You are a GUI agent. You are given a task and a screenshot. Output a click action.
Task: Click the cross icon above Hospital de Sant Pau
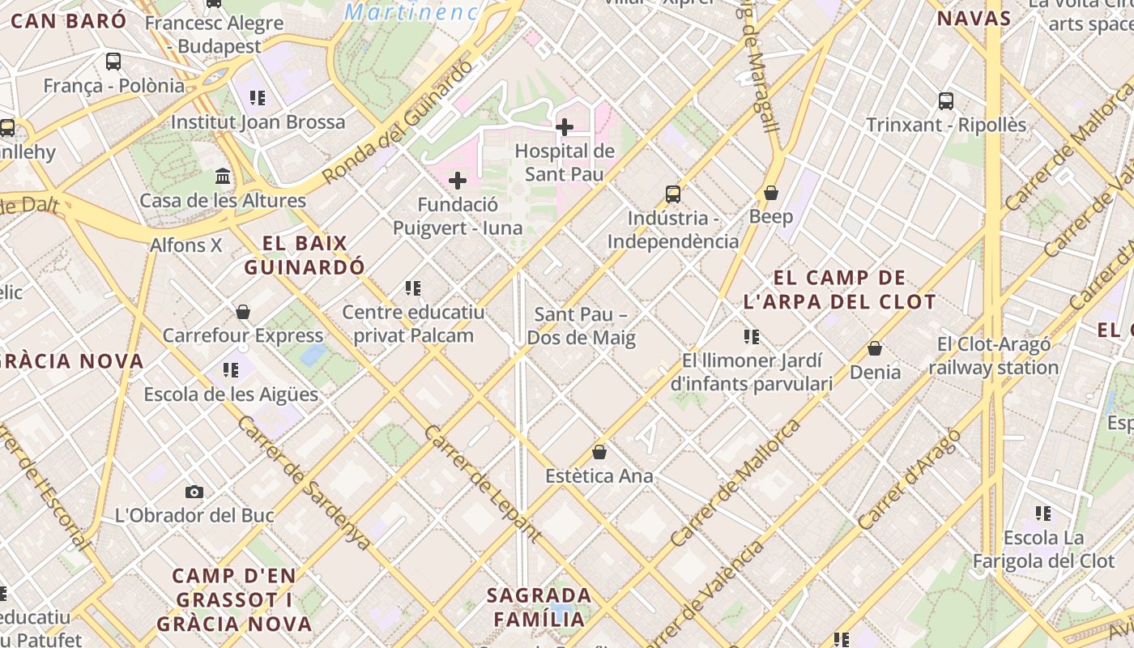tap(565, 127)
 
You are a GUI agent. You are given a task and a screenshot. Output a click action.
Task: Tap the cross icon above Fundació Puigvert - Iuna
tap(458, 181)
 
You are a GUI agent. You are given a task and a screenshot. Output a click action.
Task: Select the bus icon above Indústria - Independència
tap(673, 194)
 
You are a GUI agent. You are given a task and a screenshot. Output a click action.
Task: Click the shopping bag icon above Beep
tap(771, 193)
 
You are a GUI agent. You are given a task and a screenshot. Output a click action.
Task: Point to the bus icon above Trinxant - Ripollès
tap(946, 101)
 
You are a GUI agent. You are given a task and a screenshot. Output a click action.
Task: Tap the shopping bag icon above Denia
tap(875, 348)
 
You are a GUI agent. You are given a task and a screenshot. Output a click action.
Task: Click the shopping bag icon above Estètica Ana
tap(599, 452)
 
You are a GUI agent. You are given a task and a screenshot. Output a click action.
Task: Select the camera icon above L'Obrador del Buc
tap(194, 492)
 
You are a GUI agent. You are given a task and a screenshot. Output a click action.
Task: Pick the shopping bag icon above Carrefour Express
tap(243, 312)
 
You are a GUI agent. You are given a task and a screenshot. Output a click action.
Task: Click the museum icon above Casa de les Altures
tap(223, 177)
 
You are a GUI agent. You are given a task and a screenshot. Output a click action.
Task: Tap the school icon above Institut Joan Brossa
tap(258, 99)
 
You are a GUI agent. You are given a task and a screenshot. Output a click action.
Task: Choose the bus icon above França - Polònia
tap(113, 62)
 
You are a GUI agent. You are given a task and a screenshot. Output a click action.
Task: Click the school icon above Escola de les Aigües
tap(231, 370)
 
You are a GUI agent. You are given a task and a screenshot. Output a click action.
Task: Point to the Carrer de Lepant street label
tap(482, 483)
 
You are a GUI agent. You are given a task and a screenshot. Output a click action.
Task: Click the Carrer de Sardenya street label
tap(304, 484)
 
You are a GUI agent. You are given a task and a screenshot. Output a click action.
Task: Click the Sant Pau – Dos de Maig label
tap(582, 326)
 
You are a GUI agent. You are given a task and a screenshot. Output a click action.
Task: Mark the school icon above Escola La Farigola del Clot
tap(1043, 514)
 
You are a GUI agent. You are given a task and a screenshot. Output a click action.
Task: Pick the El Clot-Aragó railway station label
tap(994, 356)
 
